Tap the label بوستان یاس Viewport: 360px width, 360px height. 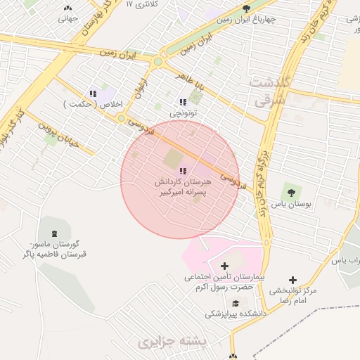[291, 205]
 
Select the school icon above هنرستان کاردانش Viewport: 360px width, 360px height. [184, 171]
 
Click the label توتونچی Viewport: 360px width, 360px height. [184, 112]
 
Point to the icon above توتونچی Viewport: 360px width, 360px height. [184, 102]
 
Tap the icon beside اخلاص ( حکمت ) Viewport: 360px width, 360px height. [92, 94]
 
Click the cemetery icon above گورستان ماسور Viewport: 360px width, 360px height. [53, 233]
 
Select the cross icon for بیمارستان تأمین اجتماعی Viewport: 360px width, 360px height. [224, 266]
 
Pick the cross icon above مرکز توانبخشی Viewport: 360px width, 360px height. [293, 279]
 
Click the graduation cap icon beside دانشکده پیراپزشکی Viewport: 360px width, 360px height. [235, 303]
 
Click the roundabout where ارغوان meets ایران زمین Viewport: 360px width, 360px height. [157, 62]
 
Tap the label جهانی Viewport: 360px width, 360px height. [67, 19]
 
